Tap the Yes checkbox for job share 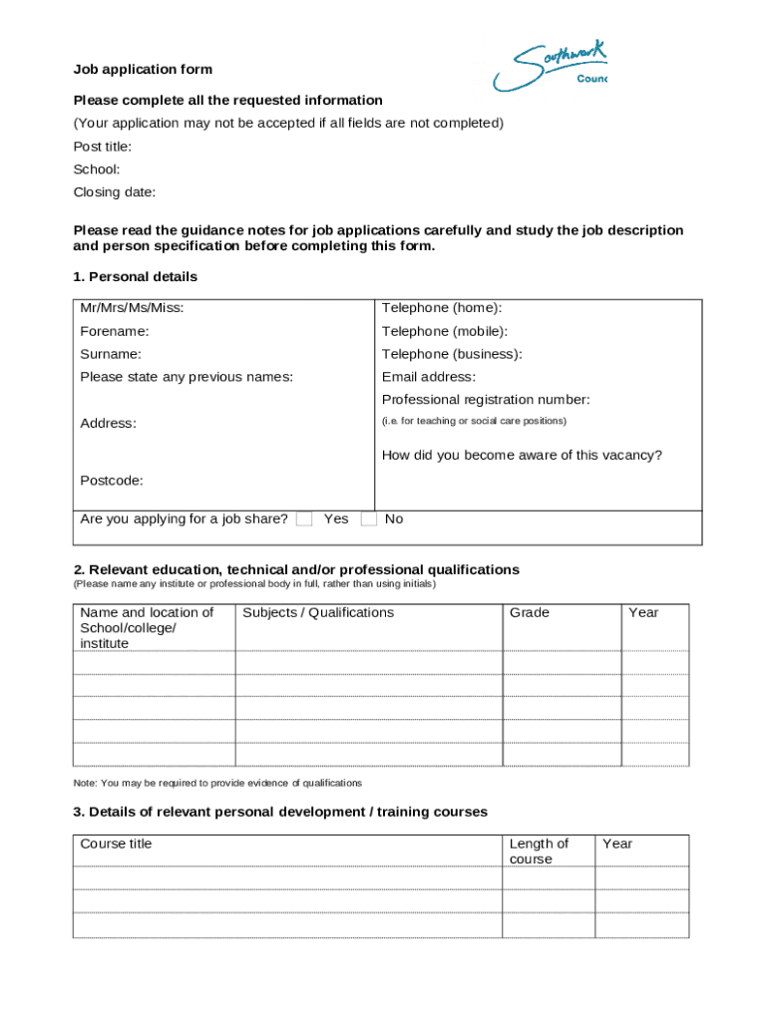[305, 518]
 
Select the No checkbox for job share [369, 518]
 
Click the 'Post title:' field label [103, 147]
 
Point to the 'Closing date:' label [115, 192]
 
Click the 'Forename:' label [115, 331]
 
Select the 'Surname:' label [111, 354]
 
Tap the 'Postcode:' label [112, 481]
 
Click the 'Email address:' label [429, 377]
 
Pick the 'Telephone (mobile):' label [445, 331]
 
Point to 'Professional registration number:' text [486, 400]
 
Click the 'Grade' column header [530, 612]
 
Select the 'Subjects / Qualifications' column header [318, 612]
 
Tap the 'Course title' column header [117, 844]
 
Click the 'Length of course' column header [539, 851]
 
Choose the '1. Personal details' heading [136, 276]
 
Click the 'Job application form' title [143, 70]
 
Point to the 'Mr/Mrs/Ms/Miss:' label [132, 308]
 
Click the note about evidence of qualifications [217, 783]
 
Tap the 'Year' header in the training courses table [617, 844]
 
